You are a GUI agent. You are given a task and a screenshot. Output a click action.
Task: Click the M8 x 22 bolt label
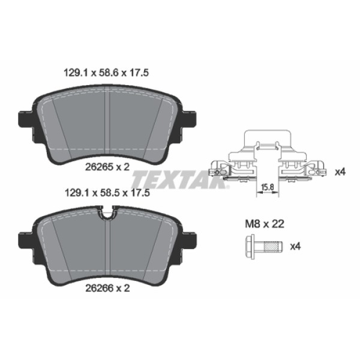pyautogui.click(x=265, y=223)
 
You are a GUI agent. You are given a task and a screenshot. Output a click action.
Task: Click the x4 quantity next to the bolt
pyautogui.click(x=295, y=246)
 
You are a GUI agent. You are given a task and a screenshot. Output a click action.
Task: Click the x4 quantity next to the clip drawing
pyautogui.click(x=340, y=172)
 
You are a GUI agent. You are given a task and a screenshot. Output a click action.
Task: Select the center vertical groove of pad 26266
pyautogui.click(x=107, y=246)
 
